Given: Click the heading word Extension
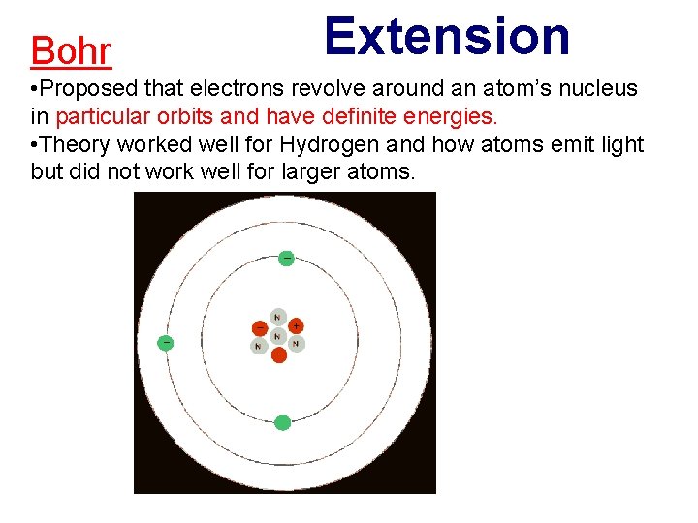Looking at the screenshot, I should (447, 37).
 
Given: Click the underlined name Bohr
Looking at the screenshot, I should (71, 51).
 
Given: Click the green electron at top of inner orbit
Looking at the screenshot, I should (286, 258).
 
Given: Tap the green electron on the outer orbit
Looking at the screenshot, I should (166, 342).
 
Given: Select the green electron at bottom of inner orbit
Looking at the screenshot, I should (282, 422).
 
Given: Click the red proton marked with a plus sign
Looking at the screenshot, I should (296, 326).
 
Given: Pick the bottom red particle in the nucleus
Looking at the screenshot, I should (279, 354).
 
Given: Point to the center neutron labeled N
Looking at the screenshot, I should (278, 336).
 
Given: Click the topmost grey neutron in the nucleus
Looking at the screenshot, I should (278, 317).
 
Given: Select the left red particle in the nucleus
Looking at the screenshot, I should (260, 327).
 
